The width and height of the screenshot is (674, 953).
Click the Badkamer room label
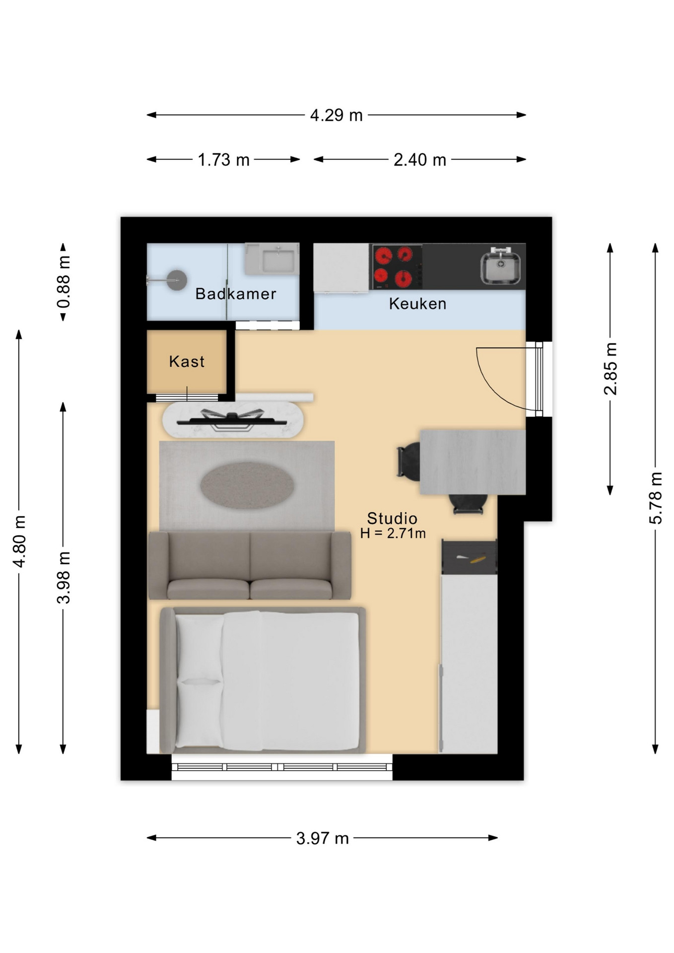tap(236, 294)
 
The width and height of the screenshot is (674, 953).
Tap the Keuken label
tap(417, 304)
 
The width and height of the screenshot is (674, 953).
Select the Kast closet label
tap(187, 361)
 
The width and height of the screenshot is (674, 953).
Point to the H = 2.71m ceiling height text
tap(393, 534)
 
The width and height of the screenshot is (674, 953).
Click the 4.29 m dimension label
tap(336, 115)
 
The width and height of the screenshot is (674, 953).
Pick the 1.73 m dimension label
tap(223, 160)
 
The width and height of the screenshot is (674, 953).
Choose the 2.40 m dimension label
tap(419, 160)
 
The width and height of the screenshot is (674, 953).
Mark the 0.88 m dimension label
tap(64, 282)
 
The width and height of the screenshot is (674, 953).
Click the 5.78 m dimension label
tap(656, 498)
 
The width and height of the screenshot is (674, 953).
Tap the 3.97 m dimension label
tap(322, 838)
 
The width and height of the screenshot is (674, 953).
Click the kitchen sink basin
tap(500, 268)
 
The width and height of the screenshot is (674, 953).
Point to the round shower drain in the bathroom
tap(177, 280)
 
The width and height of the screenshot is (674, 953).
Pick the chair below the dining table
tap(468, 504)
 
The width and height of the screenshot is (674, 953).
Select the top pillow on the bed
tap(200, 646)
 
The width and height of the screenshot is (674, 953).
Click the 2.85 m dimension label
tap(610, 369)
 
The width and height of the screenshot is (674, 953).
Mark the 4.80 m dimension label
tap(19, 541)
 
